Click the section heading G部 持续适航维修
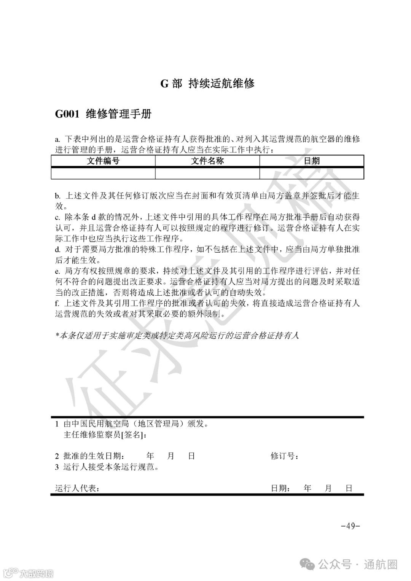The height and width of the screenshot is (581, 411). point(207,83)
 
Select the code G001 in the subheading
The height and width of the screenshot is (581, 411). point(67,114)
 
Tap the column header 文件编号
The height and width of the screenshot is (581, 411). point(103,161)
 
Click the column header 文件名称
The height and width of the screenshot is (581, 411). point(207,161)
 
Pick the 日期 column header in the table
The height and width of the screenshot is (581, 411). point(312,161)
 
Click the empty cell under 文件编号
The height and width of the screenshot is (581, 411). point(103,173)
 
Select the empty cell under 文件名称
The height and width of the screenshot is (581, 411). point(207,173)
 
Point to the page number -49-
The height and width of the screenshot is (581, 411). point(350,526)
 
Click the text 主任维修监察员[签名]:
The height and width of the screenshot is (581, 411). point(105,435)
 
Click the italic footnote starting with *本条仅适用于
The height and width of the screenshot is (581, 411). point(177,335)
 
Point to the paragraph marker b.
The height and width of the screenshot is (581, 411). point(57,196)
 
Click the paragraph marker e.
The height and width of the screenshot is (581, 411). point(57,271)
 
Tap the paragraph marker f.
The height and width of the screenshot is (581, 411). point(57,303)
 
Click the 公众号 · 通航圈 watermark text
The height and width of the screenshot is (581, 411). point(358,564)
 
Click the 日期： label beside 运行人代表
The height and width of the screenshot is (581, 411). point(281,488)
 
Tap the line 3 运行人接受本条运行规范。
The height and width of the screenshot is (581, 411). point(107,467)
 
